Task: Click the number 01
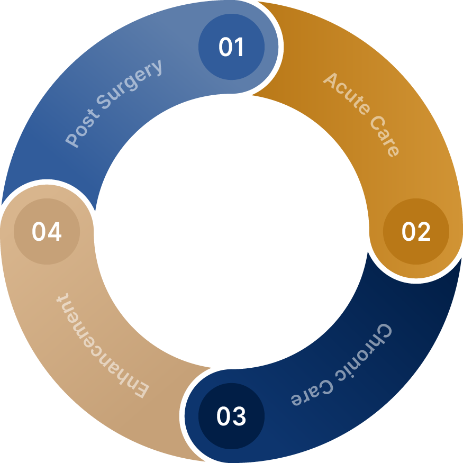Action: point(231,47)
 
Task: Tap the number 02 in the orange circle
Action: point(416,231)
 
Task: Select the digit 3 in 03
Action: point(239,416)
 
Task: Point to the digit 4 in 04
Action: point(55,231)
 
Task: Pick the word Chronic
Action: point(364,352)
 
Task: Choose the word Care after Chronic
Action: point(312,392)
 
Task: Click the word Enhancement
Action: point(102,346)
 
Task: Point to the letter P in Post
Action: point(72,139)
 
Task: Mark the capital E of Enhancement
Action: point(141,389)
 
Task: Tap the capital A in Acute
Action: point(331,80)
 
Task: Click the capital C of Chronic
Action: point(383,332)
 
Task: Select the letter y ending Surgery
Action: point(157,68)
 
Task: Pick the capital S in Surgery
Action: point(103,102)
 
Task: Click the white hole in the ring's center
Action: point(232,232)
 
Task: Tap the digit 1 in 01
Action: point(239,47)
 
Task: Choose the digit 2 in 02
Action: point(423,231)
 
